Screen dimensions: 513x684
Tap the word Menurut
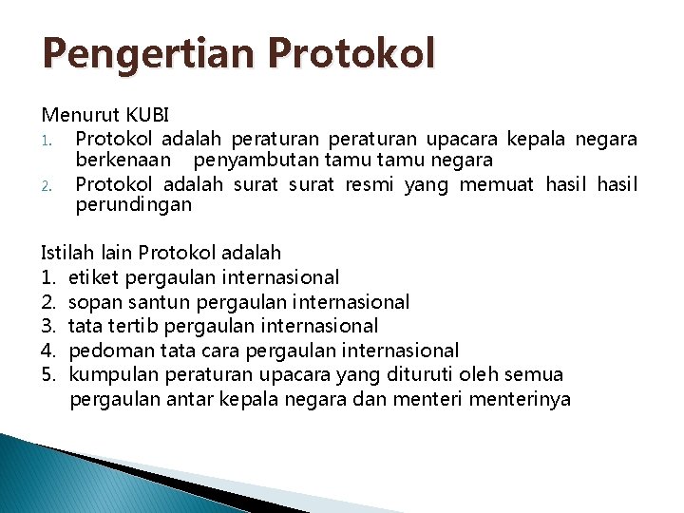74,115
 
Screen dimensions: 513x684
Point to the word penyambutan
246,160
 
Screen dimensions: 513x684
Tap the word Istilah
65,253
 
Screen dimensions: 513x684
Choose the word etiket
90,277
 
